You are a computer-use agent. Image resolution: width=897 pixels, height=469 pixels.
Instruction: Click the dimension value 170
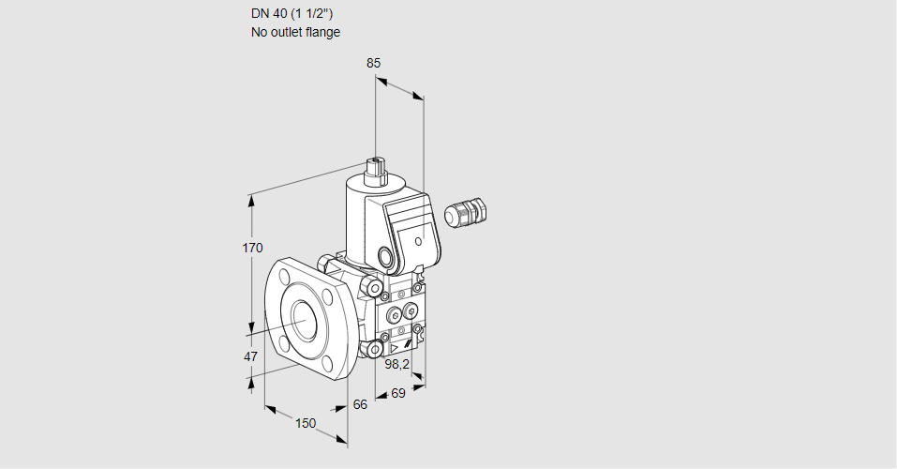coord(252,249)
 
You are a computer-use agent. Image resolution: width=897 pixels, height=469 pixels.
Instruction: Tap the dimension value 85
coord(373,63)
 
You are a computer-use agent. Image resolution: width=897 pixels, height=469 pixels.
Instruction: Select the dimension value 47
coord(250,356)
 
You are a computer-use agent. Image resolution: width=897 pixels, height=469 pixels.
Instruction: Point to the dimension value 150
coord(306,423)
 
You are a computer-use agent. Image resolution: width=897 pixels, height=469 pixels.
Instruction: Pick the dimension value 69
coord(397,393)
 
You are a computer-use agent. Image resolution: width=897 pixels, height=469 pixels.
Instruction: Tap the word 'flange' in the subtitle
coord(322,32)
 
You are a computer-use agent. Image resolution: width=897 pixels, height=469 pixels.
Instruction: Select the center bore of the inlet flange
coord(304,320)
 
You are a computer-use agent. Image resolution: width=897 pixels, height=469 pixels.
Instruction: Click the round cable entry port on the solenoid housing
coord(386,255)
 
